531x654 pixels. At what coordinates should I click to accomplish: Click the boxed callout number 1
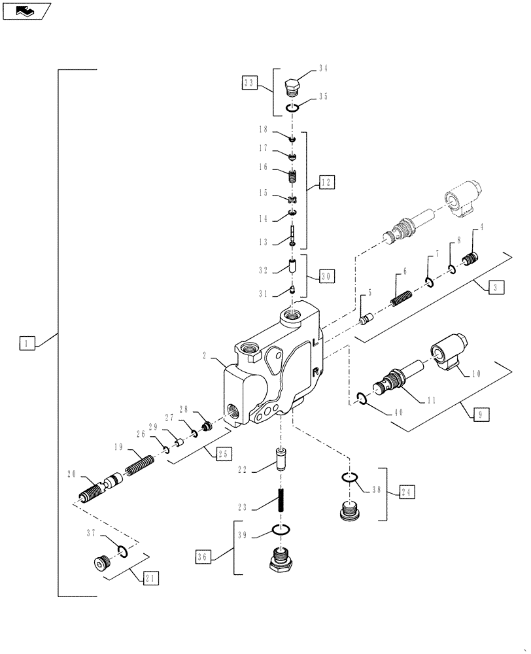[26, 342]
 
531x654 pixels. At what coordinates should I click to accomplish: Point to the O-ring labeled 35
[294, 108]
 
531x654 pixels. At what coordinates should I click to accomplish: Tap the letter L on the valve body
[317, 342]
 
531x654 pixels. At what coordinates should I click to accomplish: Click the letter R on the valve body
[316, 372]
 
